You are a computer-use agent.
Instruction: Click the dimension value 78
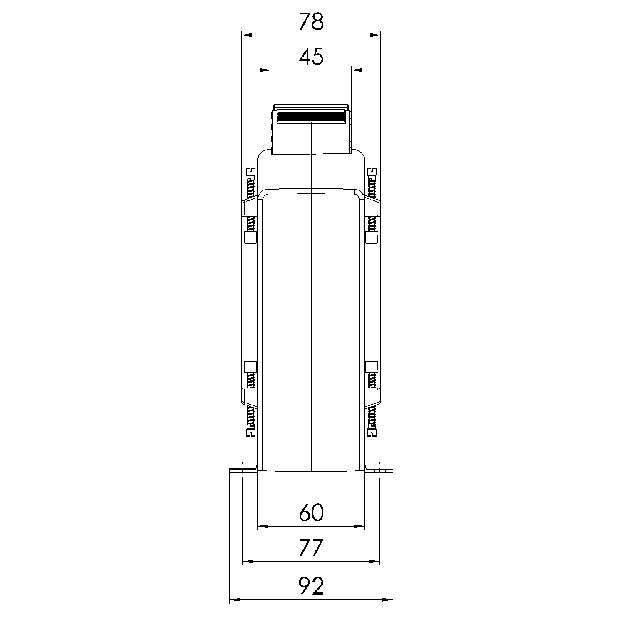[311, 22]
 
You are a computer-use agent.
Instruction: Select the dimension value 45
[311, 57]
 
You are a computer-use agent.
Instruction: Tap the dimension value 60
[311, 513]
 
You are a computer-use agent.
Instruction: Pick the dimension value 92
[311, 587]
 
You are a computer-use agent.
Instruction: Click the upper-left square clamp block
[250, 238]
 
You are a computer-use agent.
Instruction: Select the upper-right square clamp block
[372, 238]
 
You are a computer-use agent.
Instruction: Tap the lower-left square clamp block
[250, 367]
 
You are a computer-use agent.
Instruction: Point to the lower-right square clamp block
[372, 367]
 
